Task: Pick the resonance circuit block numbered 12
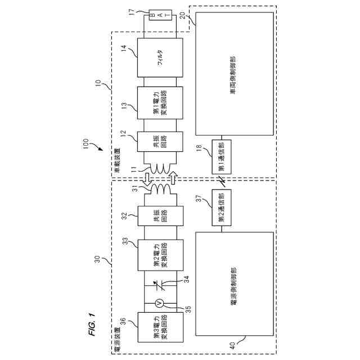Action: tap(160, 142)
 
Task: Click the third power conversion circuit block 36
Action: tap(160, 330)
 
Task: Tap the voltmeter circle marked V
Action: tap(159, 303)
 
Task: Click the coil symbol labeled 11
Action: tap(158, 168)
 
